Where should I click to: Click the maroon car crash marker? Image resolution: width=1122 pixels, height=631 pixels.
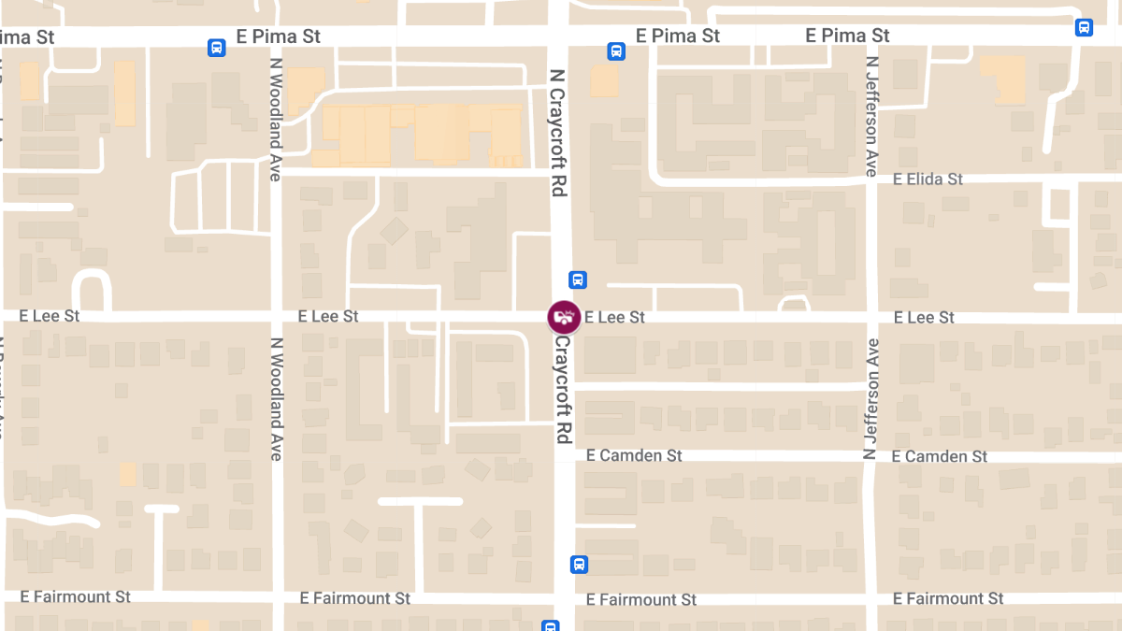(564, 317)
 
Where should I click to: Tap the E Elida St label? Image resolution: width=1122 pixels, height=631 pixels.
(928, 179)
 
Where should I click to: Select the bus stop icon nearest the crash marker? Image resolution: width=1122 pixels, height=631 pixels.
(578, 280)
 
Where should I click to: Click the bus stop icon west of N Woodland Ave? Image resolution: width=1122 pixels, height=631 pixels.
(216, 47)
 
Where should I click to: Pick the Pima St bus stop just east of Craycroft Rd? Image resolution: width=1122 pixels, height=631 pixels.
(615, 51)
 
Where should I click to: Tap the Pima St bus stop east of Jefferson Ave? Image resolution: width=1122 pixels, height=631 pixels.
(1084, 27)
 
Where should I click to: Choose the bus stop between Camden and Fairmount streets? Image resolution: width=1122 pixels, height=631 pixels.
(579, 565)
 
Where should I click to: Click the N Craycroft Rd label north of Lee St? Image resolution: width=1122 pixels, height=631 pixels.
(559, 132)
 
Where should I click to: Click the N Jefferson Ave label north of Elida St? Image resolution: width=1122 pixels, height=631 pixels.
(871, 116)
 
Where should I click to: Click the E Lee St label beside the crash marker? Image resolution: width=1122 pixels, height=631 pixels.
(614, 318)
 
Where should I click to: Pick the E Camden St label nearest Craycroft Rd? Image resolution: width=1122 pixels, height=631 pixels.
(634, 455)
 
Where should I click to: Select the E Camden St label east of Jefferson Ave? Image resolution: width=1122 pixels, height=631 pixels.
(939, 456)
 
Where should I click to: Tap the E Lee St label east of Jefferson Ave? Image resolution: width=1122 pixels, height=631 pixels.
(924, 318)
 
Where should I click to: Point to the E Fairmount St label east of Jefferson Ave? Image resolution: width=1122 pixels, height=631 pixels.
(948, 598)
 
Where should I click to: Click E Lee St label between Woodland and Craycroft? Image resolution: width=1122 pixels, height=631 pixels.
(328, 317)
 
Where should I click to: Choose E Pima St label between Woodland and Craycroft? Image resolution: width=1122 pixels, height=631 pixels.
(279, 36)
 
